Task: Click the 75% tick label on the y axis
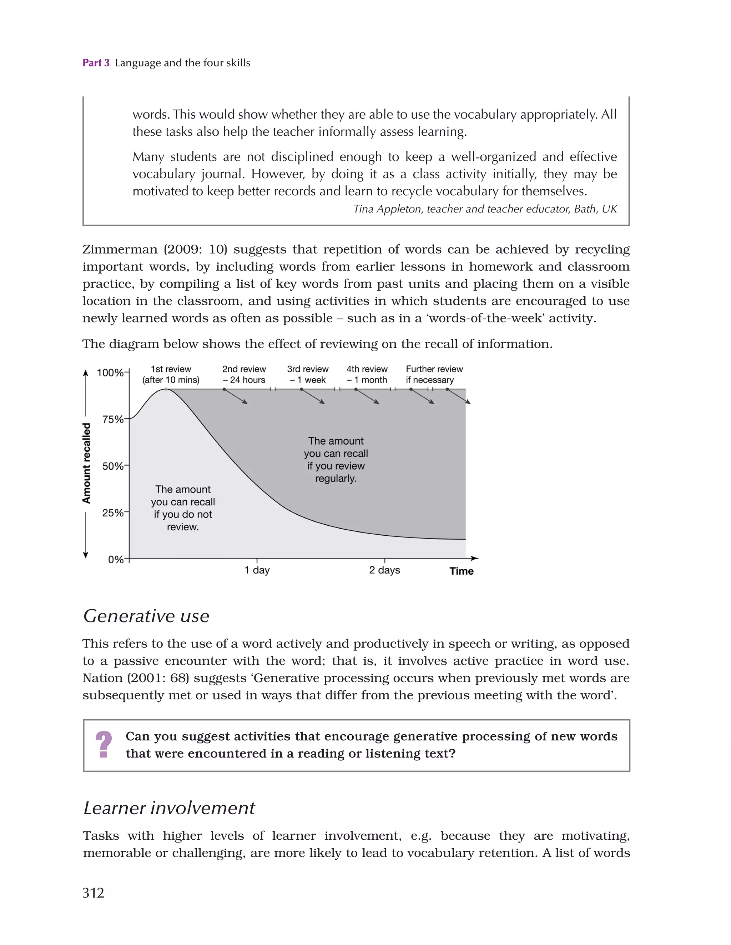112,419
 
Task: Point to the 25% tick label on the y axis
112,513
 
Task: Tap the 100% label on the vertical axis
110,372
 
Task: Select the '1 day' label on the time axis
257,570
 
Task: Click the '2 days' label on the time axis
384,570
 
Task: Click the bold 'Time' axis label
461,571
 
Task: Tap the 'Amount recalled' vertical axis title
86,463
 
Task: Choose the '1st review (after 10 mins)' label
171,374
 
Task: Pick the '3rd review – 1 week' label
308,374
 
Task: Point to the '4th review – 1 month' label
367,374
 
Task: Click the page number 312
94,892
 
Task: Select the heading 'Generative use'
146,616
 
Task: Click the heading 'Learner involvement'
169,808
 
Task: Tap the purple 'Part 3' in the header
96,63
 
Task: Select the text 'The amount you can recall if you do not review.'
183,508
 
